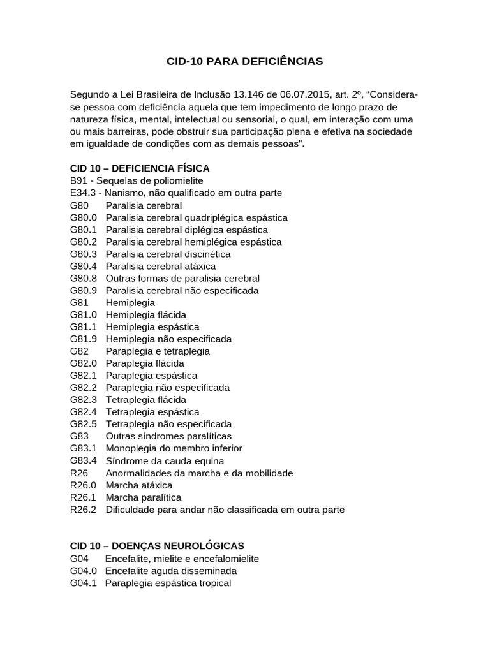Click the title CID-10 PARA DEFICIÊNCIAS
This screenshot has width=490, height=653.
(x=245, y=61)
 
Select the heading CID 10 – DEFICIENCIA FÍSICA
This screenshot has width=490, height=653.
(x=140, y=168)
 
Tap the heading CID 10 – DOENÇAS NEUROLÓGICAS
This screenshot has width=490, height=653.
(x=157, y=546)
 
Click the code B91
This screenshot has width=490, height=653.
(x=78, y=180)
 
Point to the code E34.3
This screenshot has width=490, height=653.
(x=83, y=193)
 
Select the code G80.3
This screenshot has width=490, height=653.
(x=84, y=254)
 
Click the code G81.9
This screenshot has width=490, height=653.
(x=84, y=339)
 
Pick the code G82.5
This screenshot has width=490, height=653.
(x=84, y=423)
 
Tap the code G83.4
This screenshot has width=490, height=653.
(x=84, y=460)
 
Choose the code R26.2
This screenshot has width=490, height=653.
(x=84, y=510)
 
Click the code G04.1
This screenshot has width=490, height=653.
(x=84, y=583)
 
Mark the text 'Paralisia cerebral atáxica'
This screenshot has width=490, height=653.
(x=161, y=266)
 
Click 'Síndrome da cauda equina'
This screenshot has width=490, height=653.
(x=165, y=460)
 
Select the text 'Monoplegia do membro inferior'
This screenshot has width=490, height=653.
(x=174, y=448)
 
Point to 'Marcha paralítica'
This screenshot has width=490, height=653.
(x=144, y=497)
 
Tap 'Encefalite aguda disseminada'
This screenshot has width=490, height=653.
(x=170, y=571)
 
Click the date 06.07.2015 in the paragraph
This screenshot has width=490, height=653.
(x=293, y=95)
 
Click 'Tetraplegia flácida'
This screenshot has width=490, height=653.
(x=146, y=400)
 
